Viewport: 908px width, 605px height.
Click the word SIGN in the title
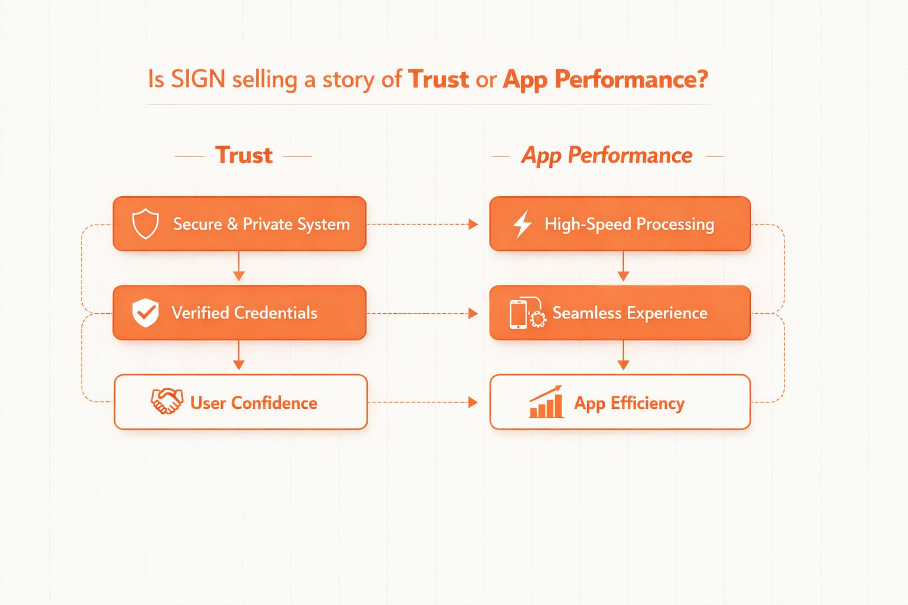click(x=198, y=79)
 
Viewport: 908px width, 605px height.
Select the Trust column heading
click(x=244, y=155)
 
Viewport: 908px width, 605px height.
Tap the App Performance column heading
click(x=607, y=155)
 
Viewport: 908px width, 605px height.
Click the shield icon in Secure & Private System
click(x=145, y=224)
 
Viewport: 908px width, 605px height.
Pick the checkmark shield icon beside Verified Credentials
click(x=145, y=313)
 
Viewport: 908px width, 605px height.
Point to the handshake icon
click(x=167, y=402)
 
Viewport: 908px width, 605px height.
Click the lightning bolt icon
click(x=522, y=225)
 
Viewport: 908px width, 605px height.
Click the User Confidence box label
click(x=254, y=403)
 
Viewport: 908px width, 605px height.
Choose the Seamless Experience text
click(x=630, y=313)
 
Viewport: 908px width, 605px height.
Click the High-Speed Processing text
click(x=630, y=225)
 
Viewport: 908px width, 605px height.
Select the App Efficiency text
click(x=630, y=403)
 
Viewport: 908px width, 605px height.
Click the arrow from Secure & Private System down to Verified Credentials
click(x=239, y=268)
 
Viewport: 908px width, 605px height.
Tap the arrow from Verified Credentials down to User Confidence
click(x=239, y=357)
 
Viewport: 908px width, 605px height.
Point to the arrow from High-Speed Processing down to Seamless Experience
click(x=623, y=268)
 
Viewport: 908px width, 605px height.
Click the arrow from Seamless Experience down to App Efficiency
click(x=623, y=357)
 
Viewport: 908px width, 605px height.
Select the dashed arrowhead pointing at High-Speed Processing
click(x=473, y=225)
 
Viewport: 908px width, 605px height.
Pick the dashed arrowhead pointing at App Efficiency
click(x=473, y=402)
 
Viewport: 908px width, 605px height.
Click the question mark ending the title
click(x=702, y=79)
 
